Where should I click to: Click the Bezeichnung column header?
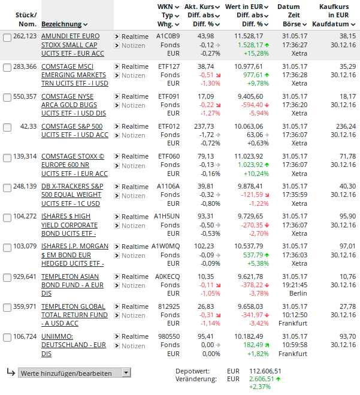click(x=61, y=25)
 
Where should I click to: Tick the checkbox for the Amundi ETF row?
click(x=7, y=37)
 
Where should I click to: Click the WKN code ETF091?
click(x=168, y=96)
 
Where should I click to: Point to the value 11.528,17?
click(x=247, y=37)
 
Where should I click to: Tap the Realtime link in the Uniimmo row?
click(x=135, y=337)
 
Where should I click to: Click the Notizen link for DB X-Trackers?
click(x=133, y=196)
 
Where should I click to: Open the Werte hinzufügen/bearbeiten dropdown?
click(x=74, y=373)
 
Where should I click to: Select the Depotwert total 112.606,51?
click(x=265, y=371)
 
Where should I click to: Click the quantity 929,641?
click(x=25, y=276)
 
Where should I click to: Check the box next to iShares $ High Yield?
click(x=7, y=217)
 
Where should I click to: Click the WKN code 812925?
click(x=168, y=306)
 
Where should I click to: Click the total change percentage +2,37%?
click(x=261, y=387)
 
